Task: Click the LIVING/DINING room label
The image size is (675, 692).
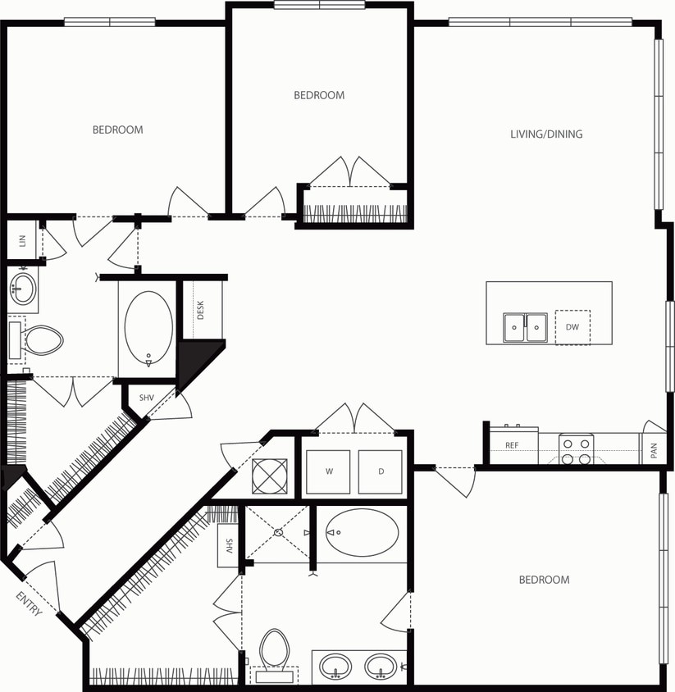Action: point(546,134)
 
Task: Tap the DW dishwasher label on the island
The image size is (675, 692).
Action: point(572,327)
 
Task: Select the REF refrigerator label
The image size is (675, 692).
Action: point(512,446)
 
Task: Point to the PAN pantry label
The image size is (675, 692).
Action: point(654,450)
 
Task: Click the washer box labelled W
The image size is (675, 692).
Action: point(328,471)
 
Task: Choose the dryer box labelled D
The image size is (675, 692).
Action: point(381,471)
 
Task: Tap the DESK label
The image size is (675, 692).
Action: point(200,310)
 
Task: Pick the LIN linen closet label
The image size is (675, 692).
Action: point(22,240)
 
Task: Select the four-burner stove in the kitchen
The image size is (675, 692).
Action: point(576,450)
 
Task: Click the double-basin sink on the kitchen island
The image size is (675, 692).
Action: point(526,327)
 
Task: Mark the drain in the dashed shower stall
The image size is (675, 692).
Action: point(279,532)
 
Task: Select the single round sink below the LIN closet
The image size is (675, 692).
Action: point(23,289)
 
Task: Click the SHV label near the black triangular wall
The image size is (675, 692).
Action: point(146,398)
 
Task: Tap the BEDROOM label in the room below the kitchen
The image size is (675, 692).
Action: point(544,580)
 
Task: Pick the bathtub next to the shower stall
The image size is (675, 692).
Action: point(362,532)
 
